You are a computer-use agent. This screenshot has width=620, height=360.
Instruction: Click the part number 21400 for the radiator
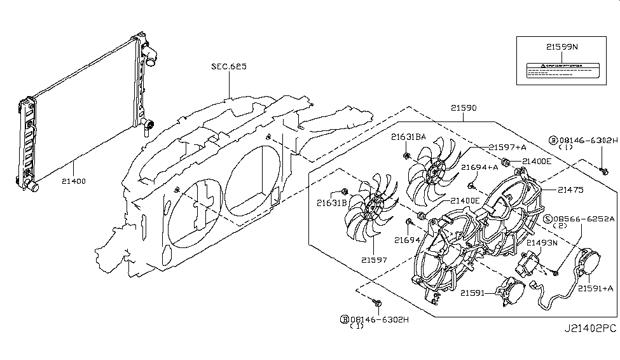[74, 181]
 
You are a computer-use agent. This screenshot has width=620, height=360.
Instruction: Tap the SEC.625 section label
[229, 66]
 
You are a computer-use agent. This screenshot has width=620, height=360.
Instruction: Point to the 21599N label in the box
[560, 46]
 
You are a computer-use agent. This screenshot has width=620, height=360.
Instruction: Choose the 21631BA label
[408, 136]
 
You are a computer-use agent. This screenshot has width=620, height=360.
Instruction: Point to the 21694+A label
[479, 167]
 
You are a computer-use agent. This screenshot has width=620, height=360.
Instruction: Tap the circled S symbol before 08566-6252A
[548, 219]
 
